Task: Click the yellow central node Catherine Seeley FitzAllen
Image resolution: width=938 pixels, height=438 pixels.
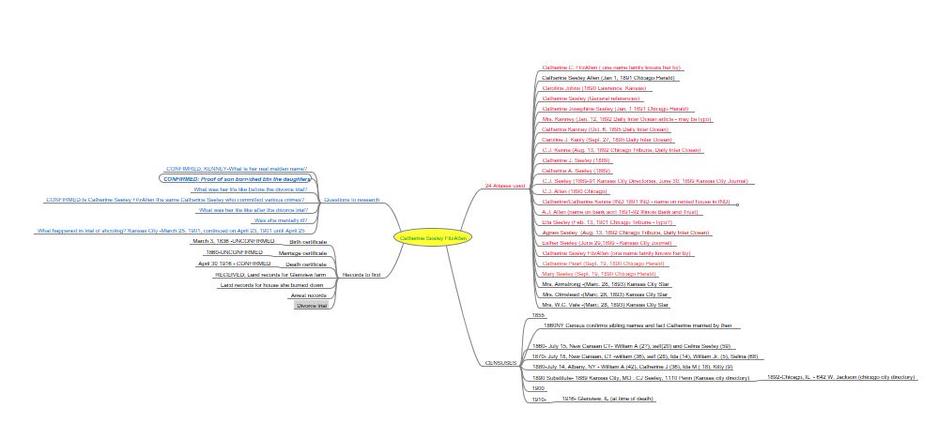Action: coord(433,238)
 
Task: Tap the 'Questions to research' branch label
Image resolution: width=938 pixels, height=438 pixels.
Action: coord(351,200)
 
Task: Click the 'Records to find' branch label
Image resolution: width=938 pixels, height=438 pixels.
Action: coord(361,275)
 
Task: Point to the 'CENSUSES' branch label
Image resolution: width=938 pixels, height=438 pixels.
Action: coord(500,362)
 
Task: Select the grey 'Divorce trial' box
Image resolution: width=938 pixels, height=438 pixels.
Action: coord(312,306)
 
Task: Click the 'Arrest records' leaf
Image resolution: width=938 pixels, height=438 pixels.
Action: coord(309,295)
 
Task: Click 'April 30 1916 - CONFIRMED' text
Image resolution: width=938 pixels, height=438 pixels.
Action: coord(234,264)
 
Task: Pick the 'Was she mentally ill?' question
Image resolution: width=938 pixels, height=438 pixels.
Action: coord(281,220)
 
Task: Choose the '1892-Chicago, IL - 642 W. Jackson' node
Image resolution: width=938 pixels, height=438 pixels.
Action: coord(841,377)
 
